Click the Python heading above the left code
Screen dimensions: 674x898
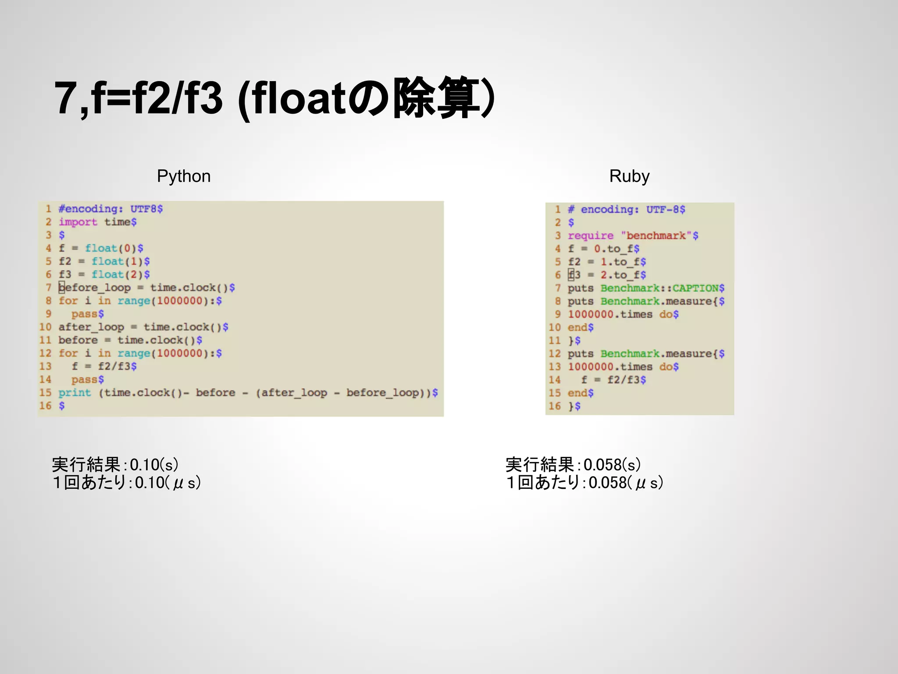(x=184, y=176)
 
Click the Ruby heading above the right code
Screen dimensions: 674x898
(x=629, y=176)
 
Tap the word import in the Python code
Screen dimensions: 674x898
(x=78, y=222)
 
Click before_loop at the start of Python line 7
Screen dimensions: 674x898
(x=95, y=288)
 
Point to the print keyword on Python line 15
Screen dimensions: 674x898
(x=75, y=393)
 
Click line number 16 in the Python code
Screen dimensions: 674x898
(x=46, y=406)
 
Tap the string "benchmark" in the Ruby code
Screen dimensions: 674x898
(x=656, y=236)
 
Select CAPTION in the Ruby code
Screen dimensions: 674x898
(x=695, y=288)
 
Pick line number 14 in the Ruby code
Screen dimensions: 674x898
(x=555, y=380)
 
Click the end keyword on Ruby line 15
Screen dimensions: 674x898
(x=577, y=393)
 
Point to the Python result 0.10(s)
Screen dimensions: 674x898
(x=154, y=465)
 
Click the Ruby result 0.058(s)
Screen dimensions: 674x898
(x=612, y=465)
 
